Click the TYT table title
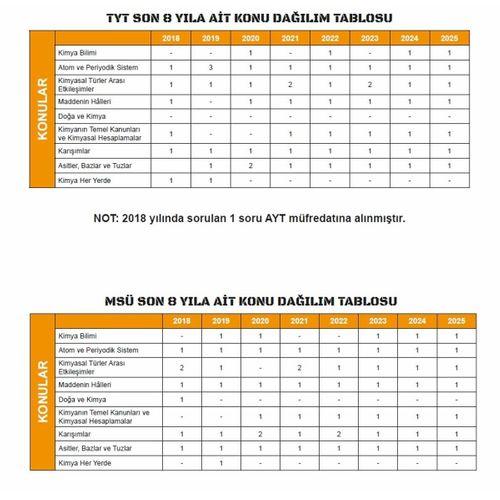tap(250, 18)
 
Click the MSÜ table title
tap(250, 300)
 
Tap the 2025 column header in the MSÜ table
tap(456, 320)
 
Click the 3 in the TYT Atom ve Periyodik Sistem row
tap(211, 67)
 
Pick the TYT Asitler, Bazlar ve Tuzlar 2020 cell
tap(250, 164)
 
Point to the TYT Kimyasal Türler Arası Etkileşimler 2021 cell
tap(289, 84)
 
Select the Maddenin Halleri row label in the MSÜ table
tap(86, 383)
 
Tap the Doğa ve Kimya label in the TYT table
tap(80, 117)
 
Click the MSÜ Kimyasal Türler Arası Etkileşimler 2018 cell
tap(181, 367)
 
